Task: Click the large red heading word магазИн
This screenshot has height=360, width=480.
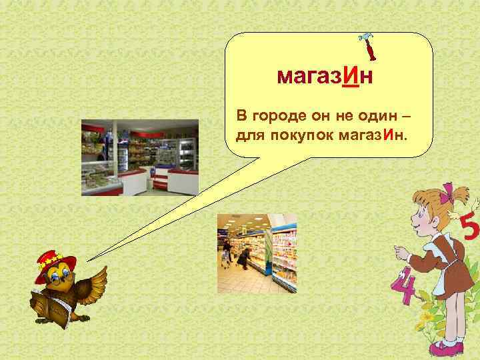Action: point(325,77)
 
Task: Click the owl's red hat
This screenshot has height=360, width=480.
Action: point(57,259)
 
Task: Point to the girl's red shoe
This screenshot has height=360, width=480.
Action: point(443,348)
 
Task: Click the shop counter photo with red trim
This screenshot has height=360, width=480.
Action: point(140,157)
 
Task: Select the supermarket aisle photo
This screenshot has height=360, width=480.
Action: point(257,253)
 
